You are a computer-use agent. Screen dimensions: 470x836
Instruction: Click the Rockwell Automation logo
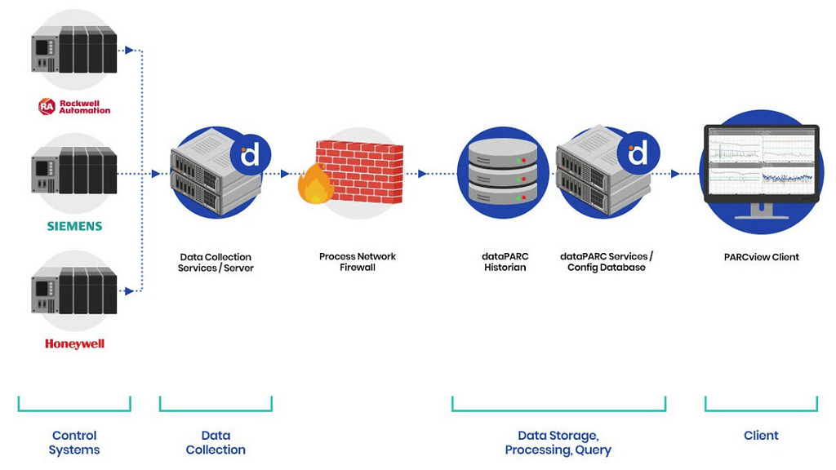pyautogui.click(x=73, y=106)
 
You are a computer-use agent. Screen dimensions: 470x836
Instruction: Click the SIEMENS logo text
pyautogui.click(x=73, y=225)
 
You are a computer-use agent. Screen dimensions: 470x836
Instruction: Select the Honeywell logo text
pyautogui.click(x=74, y=344)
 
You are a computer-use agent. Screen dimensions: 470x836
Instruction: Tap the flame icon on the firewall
pyautogui.click(x=315, y=184)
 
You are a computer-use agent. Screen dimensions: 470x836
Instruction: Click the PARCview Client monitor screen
pyautogui.click(x=761, y=162)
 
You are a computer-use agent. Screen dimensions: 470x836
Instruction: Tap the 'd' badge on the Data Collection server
pyautogui.click(x=250, y=153)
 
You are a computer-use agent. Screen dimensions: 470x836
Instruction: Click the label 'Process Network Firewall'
pyautogui.click(x=357, y=262)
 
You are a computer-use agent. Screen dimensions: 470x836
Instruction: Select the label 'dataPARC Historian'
pyautogui.click(x=505, y=262)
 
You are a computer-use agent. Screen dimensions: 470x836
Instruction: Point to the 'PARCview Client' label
pyautogui.click(x=761, y=257)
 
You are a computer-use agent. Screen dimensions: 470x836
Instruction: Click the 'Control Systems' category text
pyautogui.click(x=74, y=442)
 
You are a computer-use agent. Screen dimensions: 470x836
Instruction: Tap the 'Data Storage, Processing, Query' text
pyautogui.click(x=558, y=442)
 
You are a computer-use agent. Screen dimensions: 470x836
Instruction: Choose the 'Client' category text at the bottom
pyautogui.click(x=761, y=436)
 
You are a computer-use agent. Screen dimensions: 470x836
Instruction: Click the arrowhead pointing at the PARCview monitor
pyautogui.click(x=675, y=173)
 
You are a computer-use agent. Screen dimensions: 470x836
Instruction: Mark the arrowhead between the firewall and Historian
pyautogui.click(x=422, y=173)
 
